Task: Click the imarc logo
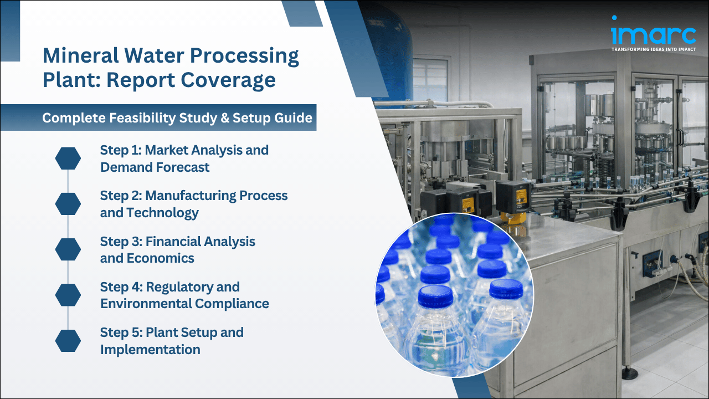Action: click(x=653, y=33)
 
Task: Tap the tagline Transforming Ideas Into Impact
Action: click(x=653, y=49)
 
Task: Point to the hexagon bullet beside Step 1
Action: click(x=68, y=158)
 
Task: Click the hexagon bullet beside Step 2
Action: click(x=68, y=204)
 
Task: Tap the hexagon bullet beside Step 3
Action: click(x=68, y=249)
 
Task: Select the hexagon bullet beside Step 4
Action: click(x=68, y=295)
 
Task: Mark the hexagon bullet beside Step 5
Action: click(x=68, y=340)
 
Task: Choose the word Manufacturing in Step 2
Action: click(x=191, y=196)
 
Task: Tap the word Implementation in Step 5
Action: click(x=150, y=350)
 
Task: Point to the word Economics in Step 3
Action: click(x=161, y=258)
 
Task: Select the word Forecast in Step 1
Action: click(x=182, y=167)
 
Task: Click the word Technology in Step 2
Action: click(x=162, y=213)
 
